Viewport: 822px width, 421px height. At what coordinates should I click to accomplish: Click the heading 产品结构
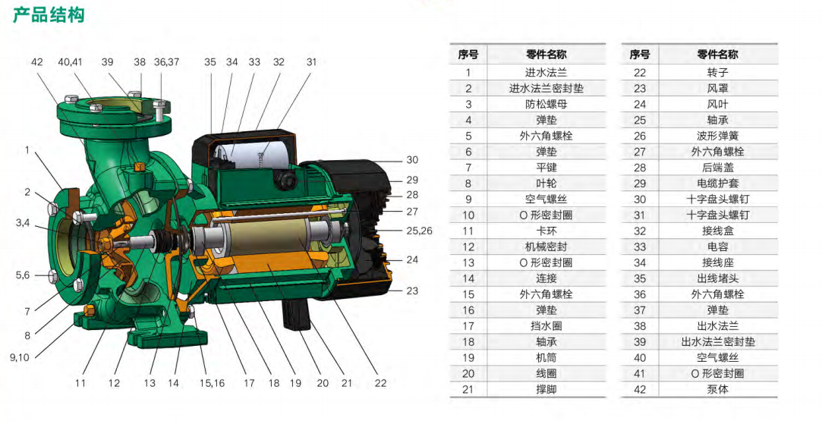click(49, 14)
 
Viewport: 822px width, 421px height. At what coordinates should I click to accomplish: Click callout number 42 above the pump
click(36, 61)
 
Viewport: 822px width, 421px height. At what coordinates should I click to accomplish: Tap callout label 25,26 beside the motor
click(420, 231)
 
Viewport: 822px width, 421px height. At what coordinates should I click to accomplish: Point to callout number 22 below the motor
click(380, 383)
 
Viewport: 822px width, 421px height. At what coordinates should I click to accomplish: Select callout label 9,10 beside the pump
click(20, 357)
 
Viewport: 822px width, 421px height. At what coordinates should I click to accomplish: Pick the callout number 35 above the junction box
click(210, 61)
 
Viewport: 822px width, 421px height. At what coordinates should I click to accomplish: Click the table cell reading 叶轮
click(546, 184)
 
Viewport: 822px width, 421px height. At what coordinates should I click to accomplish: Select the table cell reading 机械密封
click(546, 247)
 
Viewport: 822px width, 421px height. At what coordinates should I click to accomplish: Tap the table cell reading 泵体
click(718, 390)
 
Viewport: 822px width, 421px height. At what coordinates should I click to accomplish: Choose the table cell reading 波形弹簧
click(718, 136)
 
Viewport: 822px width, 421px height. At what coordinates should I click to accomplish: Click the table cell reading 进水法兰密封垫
click(546, 88)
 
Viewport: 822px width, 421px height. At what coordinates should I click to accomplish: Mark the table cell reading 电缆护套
click(718, 184)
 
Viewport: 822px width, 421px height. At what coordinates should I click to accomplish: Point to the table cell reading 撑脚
click(546, 390)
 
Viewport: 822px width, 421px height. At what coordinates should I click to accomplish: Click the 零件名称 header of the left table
click(546, 55)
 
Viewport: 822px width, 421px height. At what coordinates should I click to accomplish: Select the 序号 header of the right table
click(640, 55)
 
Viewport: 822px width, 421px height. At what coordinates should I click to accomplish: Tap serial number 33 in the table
click(640, 247)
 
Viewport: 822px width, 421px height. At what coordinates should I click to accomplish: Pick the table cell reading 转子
click(718, 72)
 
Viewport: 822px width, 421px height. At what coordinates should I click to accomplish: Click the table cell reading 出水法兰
click(718, 325)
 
